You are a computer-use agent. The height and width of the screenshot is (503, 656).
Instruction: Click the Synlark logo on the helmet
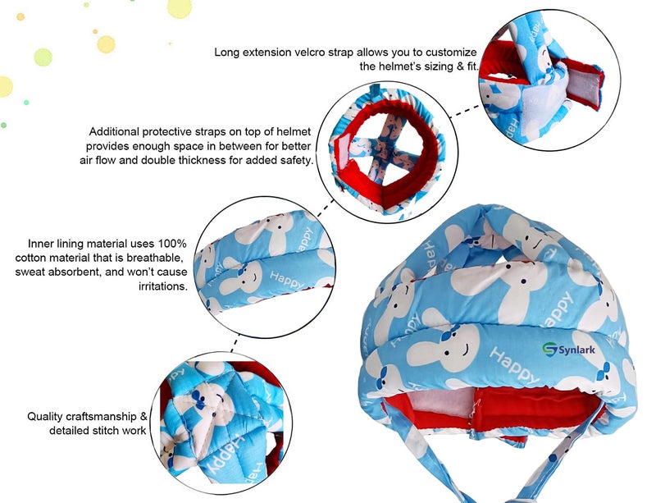coord(569,349)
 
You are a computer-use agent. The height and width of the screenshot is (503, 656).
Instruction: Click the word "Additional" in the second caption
coord(114,131)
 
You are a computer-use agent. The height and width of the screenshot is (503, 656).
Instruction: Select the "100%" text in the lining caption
coord(172,244)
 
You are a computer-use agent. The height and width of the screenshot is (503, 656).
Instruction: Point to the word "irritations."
coord(162,286)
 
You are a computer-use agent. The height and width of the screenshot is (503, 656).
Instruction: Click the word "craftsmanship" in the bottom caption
coord(101,417)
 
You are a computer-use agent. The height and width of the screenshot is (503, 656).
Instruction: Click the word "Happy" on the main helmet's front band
coord(515,365)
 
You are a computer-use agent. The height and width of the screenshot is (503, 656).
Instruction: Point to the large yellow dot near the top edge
coord(180,7)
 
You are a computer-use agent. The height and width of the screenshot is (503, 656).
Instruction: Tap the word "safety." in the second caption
coord(297,160)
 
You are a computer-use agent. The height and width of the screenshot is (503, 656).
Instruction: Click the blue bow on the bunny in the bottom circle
coord(198,400)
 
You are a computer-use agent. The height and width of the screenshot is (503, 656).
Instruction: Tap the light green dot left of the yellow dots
coord(43,57)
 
